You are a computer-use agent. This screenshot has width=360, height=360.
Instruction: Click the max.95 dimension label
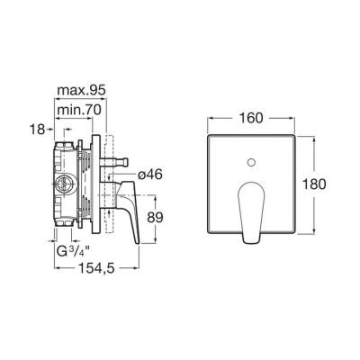coord(81,90)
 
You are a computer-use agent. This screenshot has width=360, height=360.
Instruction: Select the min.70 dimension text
coord(79,110)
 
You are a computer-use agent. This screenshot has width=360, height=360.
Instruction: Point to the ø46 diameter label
coord(150,175)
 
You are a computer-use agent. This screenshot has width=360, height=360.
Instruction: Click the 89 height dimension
coord(155,218)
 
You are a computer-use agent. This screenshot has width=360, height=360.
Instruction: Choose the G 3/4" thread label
coord(71,250)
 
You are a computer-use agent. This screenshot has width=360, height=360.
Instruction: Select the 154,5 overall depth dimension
coord(96,268)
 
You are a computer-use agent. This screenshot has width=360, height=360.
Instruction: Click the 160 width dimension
coord(250,118)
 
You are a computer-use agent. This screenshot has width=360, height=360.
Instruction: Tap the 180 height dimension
coord(313,184)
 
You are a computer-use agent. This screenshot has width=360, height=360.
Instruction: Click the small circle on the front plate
coord(251,163)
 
